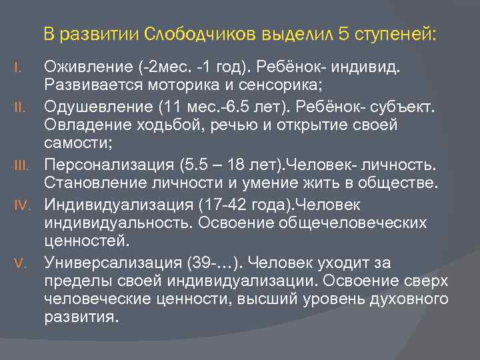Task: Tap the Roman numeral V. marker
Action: pyautogui.click(x=20, y=259)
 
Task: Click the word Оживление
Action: pyautogui.click(x=87, y=67)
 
